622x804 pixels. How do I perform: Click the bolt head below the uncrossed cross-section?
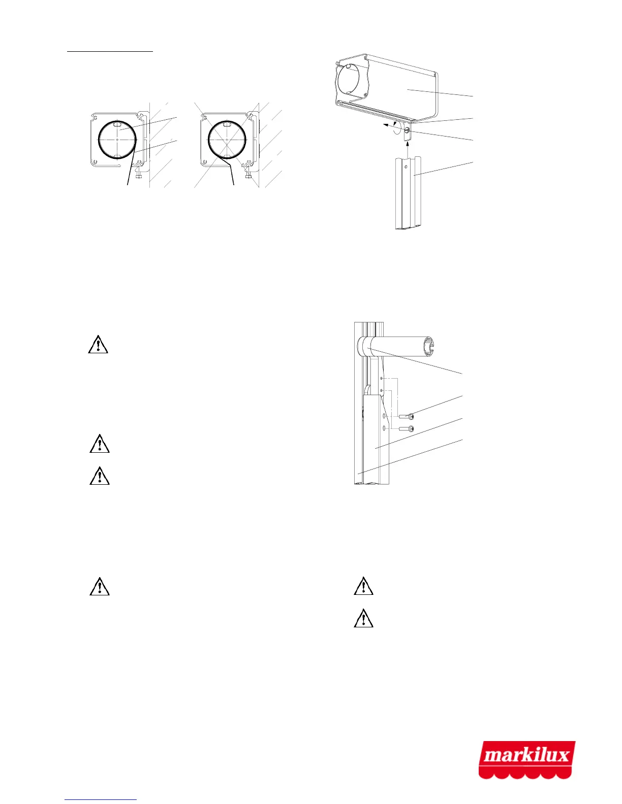click(139, 176)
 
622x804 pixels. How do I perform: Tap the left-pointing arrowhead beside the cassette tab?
click(385, 124)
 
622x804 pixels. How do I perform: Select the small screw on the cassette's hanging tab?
click(408, 133)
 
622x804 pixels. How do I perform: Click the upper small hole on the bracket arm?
click(382, 379)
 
